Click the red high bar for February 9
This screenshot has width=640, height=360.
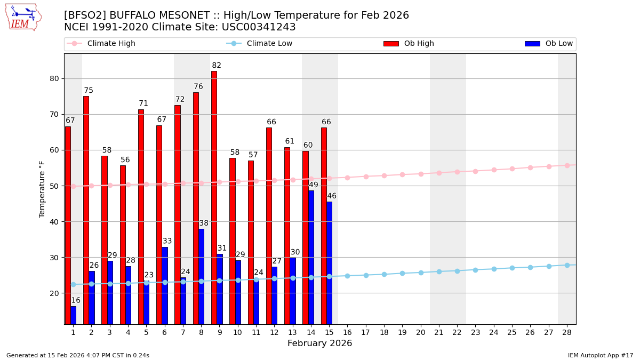214,197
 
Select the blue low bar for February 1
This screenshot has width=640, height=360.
73,315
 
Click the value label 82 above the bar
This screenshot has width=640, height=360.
217,66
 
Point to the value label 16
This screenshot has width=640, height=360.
76,301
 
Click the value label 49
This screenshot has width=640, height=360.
314,185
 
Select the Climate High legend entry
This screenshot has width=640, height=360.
111,44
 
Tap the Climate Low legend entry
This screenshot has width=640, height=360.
269,44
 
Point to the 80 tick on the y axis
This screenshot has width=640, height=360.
54,78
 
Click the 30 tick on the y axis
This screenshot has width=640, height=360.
54,257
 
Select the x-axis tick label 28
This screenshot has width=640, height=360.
567,332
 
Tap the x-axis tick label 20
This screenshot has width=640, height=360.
421,332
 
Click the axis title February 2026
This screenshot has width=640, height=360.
320,343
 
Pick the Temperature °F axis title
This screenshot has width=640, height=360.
42,189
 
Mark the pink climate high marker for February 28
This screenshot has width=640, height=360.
567,165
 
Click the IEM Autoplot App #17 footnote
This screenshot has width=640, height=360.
600,355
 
